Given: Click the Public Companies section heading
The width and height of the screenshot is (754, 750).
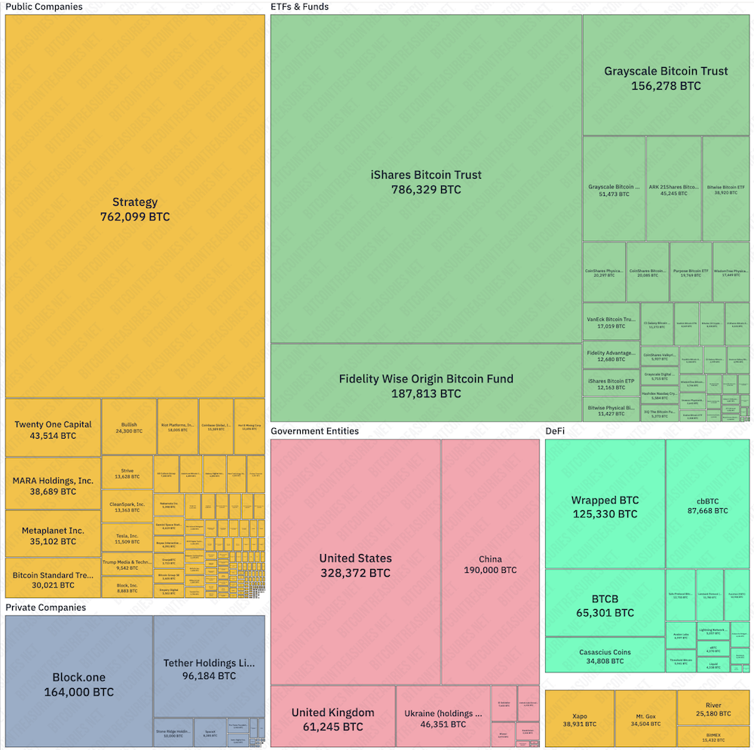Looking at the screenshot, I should tap(44, 7).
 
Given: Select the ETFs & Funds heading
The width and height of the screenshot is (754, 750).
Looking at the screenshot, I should tap(299, 7).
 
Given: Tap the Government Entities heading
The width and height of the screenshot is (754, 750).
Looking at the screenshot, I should tap(314, 431).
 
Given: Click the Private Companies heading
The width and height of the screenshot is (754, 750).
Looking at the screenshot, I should tap(45, 608).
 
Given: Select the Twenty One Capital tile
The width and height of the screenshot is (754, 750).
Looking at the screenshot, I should tap(53, 430).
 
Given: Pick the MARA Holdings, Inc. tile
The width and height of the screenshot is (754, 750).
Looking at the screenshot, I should tap(53, 486).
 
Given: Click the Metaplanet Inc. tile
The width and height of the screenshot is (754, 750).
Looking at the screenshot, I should tap(53, 535).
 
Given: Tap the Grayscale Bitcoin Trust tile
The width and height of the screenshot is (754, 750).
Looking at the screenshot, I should tap(666, 78).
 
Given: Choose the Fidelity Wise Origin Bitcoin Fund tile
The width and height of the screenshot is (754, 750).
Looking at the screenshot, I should tap(426, 386).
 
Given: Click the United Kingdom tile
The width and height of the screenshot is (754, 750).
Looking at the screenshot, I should tap(333, 719).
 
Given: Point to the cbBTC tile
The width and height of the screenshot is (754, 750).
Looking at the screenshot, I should tap(707, 505).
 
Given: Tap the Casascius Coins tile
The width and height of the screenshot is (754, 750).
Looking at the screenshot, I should tap(605, 657).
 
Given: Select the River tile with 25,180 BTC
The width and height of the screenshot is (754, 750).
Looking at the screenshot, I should tap(713, 709).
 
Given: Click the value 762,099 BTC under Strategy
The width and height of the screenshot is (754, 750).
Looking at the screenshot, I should tap(135, 217).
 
